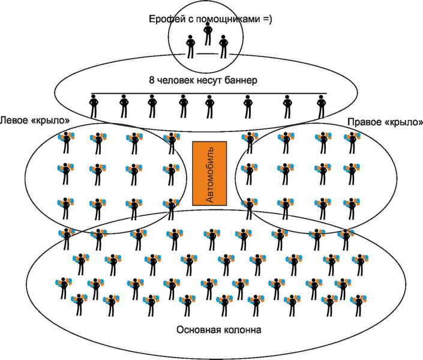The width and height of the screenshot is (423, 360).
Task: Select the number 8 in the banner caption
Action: [151, 80]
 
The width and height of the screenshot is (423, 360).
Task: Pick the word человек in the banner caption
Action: [175, 80]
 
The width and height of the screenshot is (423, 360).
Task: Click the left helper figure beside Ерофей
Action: [191, 46]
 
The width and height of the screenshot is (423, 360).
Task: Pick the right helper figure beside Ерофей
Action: [224, 46]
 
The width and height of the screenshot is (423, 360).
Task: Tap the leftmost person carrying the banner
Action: [94, 107]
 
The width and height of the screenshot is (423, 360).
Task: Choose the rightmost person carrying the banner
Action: [321, 107]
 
